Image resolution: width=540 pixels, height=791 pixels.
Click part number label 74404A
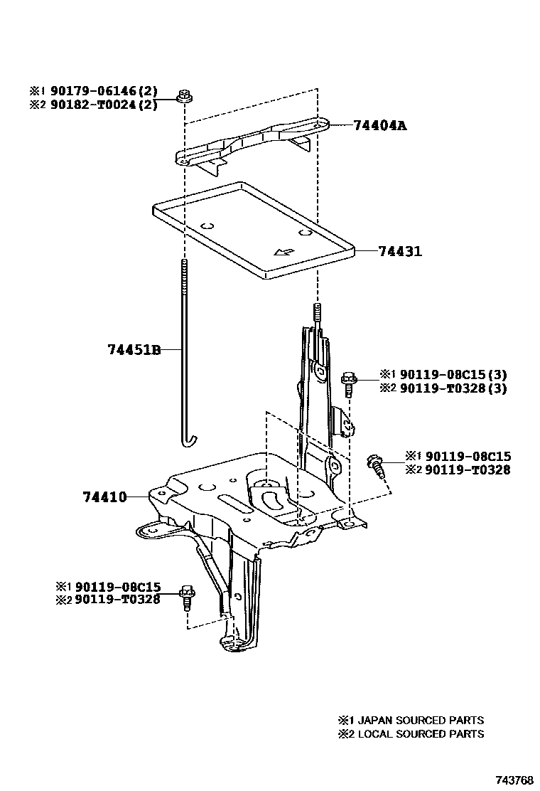pos(381,126)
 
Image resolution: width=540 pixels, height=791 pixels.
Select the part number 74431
pos(400,251)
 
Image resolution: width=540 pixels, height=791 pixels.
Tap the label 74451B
pos(134,350)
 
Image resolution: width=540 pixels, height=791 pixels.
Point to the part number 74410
pos(104,497)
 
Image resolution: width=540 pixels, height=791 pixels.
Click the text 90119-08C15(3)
pos(453,374)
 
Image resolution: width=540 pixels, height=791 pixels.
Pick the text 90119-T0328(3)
pos(453,388)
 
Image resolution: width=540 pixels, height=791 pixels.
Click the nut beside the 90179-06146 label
pos(184,95)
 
